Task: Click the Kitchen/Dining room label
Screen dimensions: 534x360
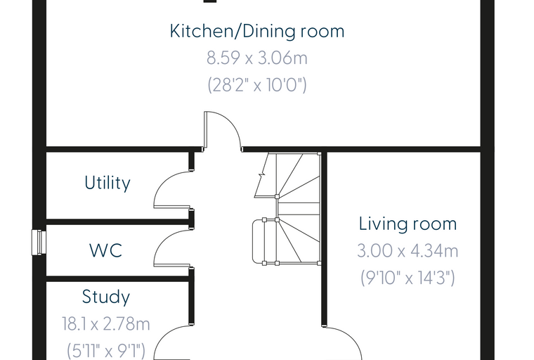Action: click(257, 32)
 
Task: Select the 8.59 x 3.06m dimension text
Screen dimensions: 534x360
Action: click(257, 58)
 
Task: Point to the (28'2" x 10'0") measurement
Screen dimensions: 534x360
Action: click(257, 84)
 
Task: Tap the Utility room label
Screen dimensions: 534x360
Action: click(108, 183)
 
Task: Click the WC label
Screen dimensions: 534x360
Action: click(105, 250)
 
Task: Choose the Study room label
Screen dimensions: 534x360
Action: click(106, 297)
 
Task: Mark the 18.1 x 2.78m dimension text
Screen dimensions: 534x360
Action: click(106, 323)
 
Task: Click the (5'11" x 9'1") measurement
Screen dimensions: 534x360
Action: click(106, 350)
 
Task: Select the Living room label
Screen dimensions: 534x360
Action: click(408, 224)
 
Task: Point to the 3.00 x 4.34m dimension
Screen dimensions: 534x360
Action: click(408, 250)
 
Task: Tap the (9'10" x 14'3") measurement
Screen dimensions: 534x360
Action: click(408, 278)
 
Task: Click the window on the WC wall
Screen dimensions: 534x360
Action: click(39, 243)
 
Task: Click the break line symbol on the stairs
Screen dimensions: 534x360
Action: click(261, 175)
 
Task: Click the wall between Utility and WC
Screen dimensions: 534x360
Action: click(118, 222)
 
